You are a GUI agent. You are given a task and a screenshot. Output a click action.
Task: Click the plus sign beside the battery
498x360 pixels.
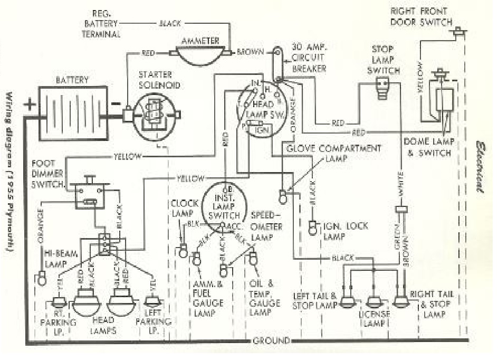click(31, 103)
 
